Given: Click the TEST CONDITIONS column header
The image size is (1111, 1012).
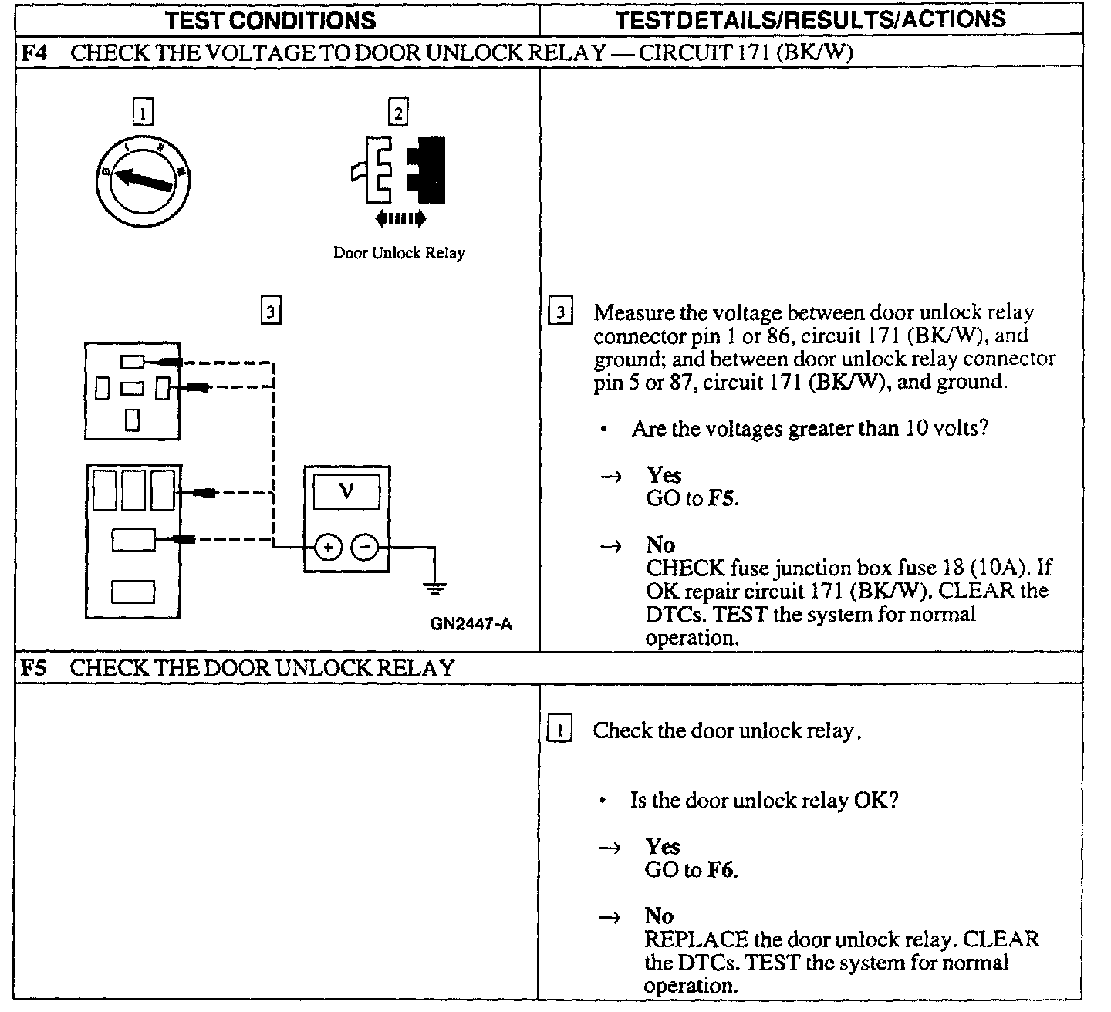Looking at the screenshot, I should (x=270, y=20).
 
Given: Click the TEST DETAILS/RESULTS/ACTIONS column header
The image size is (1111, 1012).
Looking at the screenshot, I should (x=810, y=19).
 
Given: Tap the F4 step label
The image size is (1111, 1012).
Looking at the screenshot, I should (x=32, y=53).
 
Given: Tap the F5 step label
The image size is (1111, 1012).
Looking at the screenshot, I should (x=32, y=668).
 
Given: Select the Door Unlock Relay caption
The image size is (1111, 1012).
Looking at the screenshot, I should (x=399, y=253).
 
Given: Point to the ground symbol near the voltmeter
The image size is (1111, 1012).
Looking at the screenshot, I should (x=435, y=589).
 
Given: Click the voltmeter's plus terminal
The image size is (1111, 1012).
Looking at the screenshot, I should (x=328, y=548).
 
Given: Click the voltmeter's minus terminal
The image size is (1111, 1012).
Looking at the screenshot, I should (x=365, y=548).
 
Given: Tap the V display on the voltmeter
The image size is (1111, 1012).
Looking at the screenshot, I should (x=346, y=491).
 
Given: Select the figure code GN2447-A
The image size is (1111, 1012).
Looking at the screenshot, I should (x=471, y=624).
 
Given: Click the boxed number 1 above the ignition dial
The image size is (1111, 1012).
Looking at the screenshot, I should (x=143, y=114).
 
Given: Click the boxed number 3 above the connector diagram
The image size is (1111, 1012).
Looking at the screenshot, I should (x=270, y=312).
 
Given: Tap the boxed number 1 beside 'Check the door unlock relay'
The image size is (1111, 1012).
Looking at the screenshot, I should (x=559, y=730).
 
